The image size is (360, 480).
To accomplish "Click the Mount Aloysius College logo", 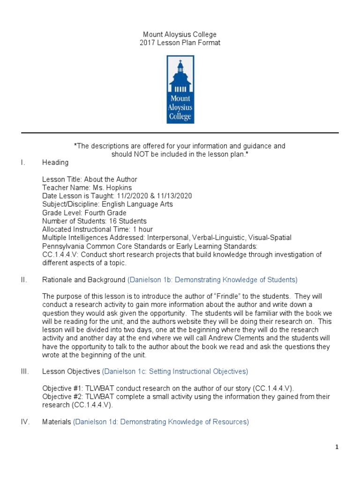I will click(x=180, y=90).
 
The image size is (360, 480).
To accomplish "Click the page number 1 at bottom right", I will click(x=337, y=447).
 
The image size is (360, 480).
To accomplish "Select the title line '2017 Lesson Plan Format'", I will click(x=180, y=43).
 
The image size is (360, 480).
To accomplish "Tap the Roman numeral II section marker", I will click(x=24, y=280).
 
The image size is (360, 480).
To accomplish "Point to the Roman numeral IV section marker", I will click(x=25, y=422).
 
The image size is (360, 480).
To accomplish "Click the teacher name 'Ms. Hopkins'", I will click(x=112, y=187).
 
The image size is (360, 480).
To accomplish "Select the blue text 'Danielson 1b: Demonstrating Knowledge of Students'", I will click(x=212, y=280).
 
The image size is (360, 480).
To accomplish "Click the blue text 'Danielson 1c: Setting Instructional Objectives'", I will click(x=175, y=371).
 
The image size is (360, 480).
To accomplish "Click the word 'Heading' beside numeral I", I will click(x=55, y=162).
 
